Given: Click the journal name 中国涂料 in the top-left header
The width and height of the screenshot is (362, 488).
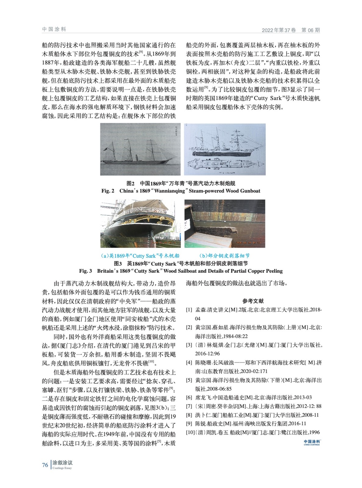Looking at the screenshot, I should [54, 29].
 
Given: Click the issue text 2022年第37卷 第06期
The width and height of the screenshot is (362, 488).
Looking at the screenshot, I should [291, 30].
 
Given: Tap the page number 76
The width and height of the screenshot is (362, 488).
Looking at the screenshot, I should [45, 465].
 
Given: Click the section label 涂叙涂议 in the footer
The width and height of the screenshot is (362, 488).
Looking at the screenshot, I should [63, 463].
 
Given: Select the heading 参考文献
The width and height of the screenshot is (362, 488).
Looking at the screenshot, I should [253, 301].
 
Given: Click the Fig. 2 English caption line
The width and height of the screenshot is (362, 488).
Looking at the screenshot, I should [181, 191].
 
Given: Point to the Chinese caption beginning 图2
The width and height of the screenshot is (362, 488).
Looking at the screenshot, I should [181, 183].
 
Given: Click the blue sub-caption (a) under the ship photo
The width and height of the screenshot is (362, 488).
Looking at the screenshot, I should [140, 256].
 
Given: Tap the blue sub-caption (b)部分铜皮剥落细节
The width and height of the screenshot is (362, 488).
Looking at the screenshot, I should [224, 256].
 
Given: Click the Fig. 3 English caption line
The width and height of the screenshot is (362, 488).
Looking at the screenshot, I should [181, 271].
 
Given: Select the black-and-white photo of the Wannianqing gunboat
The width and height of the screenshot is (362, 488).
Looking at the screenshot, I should [140, 149].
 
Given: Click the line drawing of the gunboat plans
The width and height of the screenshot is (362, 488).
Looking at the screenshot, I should [225, 149].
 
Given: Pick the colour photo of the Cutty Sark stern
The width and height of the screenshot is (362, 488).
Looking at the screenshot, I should [140, 224].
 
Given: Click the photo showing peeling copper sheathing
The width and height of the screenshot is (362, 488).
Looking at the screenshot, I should [225, 224].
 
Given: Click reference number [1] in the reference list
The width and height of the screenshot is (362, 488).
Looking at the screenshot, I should [189, 310].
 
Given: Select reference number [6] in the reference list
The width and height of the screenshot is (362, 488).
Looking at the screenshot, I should [189, 397].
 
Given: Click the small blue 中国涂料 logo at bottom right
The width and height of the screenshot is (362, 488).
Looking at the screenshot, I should [312, 442].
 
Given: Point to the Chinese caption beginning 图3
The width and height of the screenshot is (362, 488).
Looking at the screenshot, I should [181, 264].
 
